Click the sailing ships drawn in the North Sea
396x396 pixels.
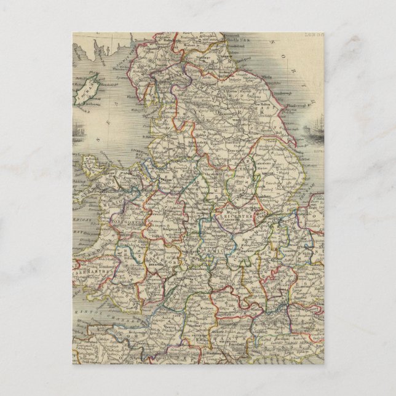tap(370, 127)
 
